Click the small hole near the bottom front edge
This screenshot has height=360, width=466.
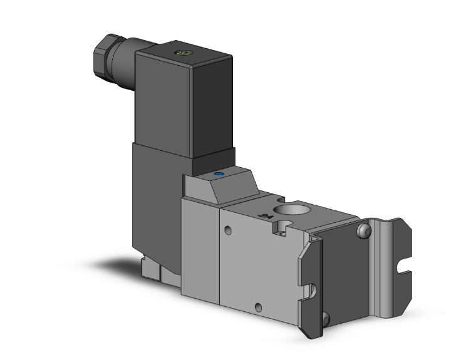[x=258, y=307]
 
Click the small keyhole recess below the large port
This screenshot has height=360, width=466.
[x=280, y=233]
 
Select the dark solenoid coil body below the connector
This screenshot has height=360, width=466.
[x=157, y=200]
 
